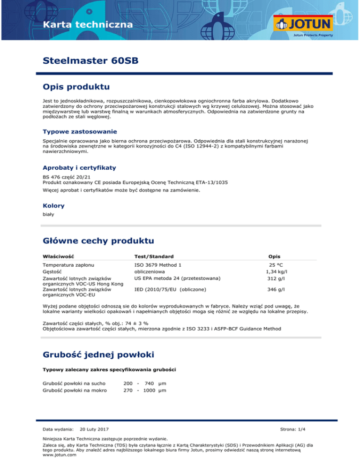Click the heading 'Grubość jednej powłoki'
coord(103,353)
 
